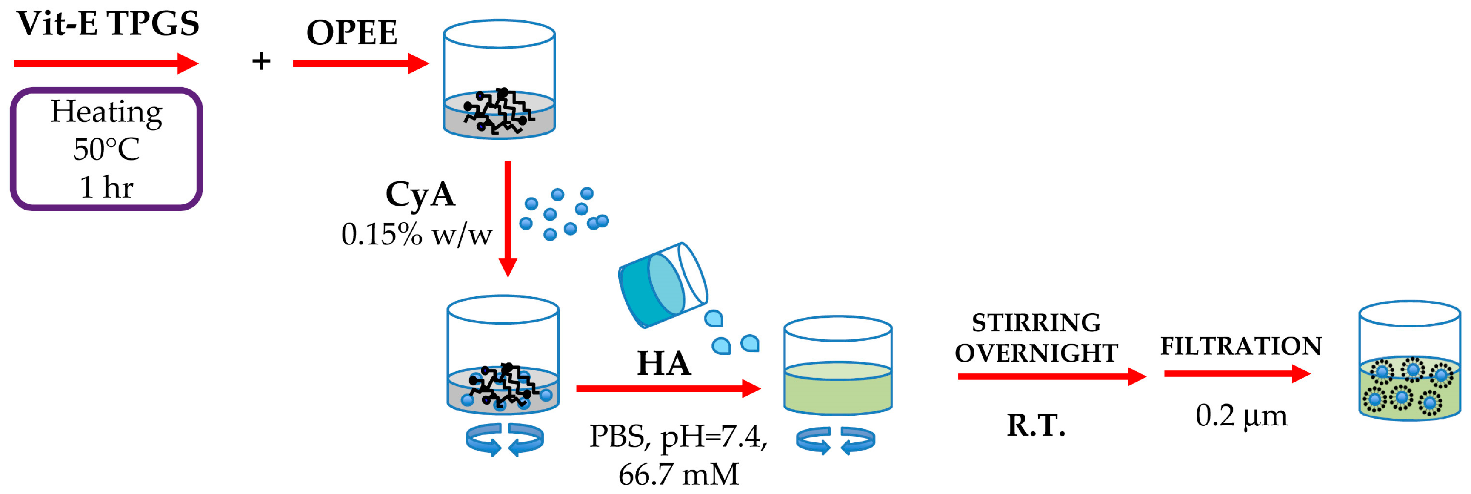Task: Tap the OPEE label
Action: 352,33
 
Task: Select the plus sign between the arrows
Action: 261,61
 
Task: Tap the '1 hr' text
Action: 106,187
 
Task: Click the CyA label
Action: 420,194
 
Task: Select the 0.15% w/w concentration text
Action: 416,234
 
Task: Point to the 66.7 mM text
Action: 678,474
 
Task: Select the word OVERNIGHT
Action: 1036,353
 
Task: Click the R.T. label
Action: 1036,425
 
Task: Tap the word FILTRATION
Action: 1241,346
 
